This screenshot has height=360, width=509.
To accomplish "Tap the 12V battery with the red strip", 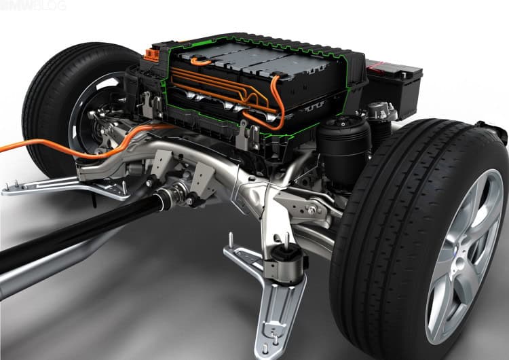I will click(394, 85).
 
